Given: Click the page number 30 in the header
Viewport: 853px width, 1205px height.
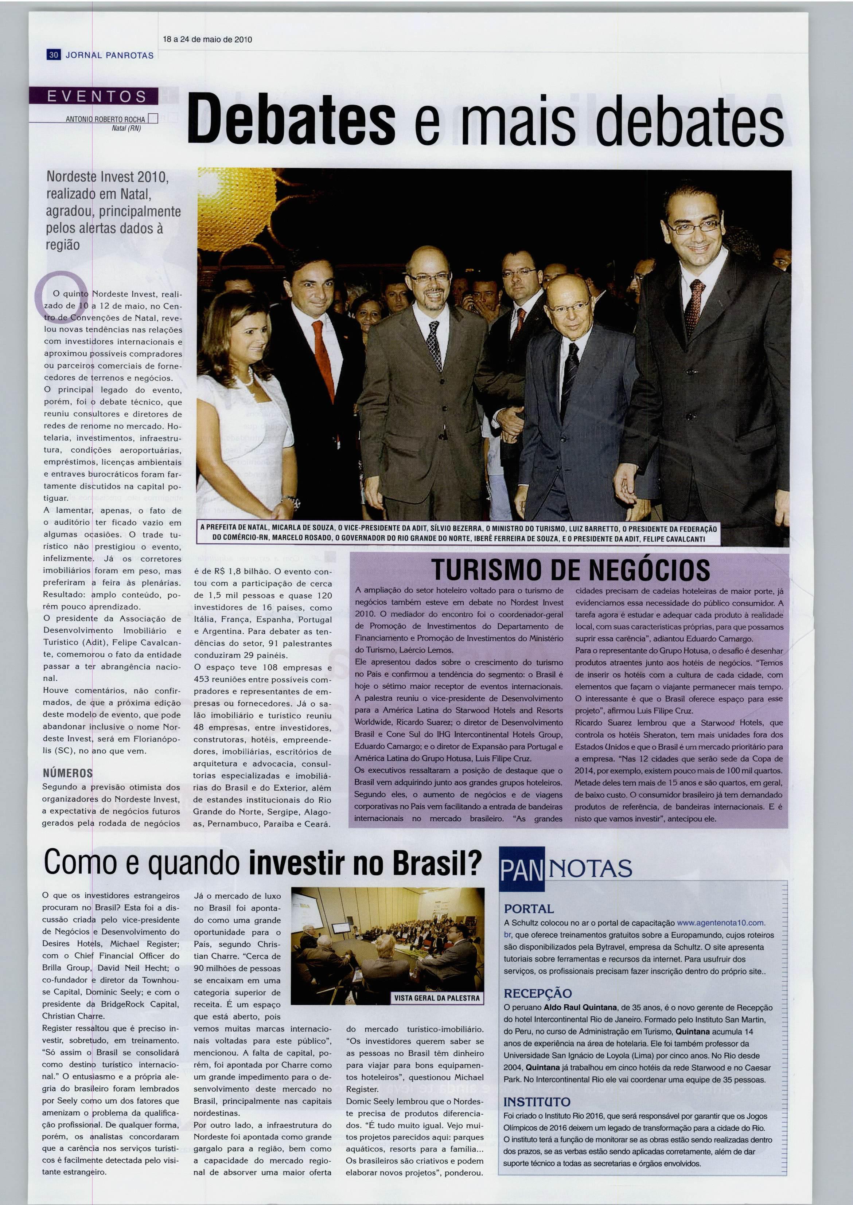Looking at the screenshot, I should tap(54, 55).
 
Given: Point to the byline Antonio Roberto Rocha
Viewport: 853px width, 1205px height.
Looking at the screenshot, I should tap(105, 119).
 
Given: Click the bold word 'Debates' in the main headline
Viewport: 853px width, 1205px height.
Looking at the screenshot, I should tap(292, 119).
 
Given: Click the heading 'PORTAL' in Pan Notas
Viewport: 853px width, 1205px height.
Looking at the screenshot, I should tap(529, 908).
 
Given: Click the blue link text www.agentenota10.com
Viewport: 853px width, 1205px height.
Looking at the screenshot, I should tap(721, 923).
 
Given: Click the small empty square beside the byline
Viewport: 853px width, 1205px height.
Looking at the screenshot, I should tap(153, 119).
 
